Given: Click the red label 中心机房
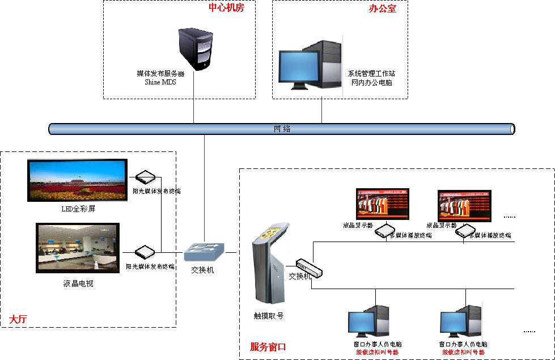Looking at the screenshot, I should pyautogui.click(x=226, y=8).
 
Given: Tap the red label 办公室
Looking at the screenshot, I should pyautogui.click(x=383, y=10).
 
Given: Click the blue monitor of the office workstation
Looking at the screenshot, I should pyautogui.click(x=299, y=66).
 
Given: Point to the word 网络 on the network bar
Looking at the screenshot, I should pyautogui.click(x=282, y=129).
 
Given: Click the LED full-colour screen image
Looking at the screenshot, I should pyautogui.click(x=77, y=180).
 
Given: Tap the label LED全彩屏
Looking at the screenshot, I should pyautogui.click(x=78, y=209).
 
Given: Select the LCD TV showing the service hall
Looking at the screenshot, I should pyautogui.click(x=78, y=248).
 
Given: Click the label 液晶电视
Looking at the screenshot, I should pyautogui.click(x=78, y=283).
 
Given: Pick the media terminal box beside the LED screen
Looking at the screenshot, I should pyautogui.click(x=146, y=176).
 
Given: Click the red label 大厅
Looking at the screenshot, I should pyautogui.click(x=18, y=320).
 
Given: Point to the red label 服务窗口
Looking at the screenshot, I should pyautogui.click(x=268, y=346).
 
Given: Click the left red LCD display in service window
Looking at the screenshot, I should pyautogui.click(x=382, y=204).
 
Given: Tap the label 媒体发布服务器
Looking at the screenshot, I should pyautogui.click(x=160, y=74).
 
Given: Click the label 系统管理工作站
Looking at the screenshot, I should pyautogui.click(x=371, y=74).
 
